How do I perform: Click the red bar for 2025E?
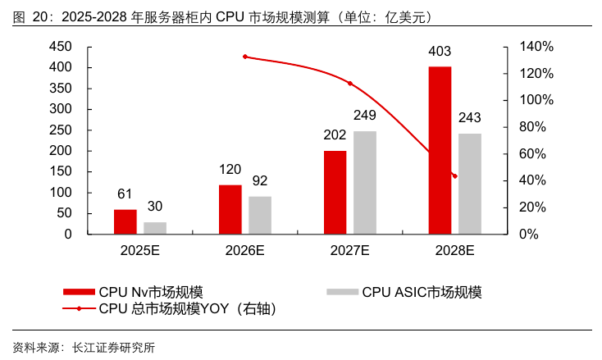click(x=125, y=221)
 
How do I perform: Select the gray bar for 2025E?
click(x=155, y=228)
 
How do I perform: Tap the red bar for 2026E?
click(x=230, y=209)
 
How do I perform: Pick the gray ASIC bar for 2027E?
click(x=365, y=182)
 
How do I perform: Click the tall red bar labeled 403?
click(x=440, y=150)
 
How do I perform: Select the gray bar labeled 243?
click(x=470, y=184)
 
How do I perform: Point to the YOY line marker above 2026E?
click(x=245, y=57)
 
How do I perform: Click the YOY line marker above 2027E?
click(x=350, y=84)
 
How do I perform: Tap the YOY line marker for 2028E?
click(x=455, y=176)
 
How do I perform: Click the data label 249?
click(x=365, y=115)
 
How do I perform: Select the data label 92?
click(x=260, y=180)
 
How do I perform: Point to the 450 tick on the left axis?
click(x=61, y=47)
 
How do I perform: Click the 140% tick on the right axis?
click(x=536, y=47)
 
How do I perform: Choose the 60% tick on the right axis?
click(x=532, y=154)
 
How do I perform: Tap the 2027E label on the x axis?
click(x=349, y=251)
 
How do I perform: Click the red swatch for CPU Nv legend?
click(x=79, y=292)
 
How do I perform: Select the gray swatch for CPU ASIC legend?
click(x=343, y=292)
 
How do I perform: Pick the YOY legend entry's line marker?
click(x=79, y=308)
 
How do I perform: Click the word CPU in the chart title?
click(x=230, y=17)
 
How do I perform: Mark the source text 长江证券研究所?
click(x=114, y=348)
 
